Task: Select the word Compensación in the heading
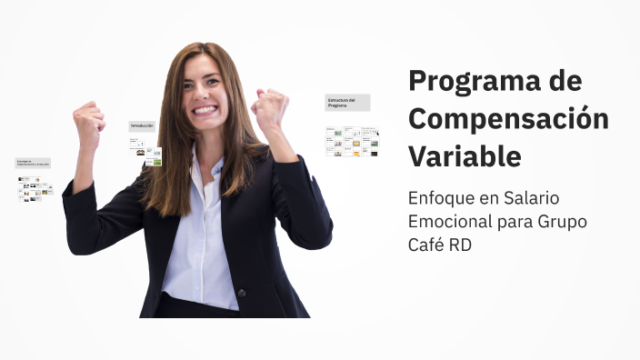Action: pos(508,119)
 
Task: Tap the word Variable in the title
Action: pos(465,156)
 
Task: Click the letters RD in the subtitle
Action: pos(461,245)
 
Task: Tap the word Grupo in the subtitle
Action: pos(560,222)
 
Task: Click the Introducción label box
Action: pos(142,125)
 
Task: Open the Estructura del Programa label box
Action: pos(347,103)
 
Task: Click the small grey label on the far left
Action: pos(33,164)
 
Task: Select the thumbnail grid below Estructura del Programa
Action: pos(352,142)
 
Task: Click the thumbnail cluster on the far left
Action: pos(35,188)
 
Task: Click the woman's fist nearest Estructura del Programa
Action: pos(270,110)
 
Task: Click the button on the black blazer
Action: pos(241,293)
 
